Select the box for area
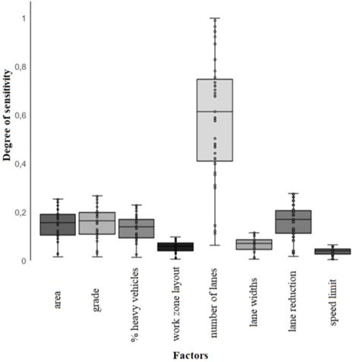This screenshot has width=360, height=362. coord(57,224)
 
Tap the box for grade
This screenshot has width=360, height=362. coord(96,223)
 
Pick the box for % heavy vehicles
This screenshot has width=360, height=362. coord(136,229)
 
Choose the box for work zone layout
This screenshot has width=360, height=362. coord(175,246)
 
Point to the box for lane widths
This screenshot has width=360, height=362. coord(254,244)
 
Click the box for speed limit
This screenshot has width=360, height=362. coord(333,251)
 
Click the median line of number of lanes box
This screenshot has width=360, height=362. coord(214,112)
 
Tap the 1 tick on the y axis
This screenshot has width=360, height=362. coord(24,17)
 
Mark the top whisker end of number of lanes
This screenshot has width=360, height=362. coord(214,18)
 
